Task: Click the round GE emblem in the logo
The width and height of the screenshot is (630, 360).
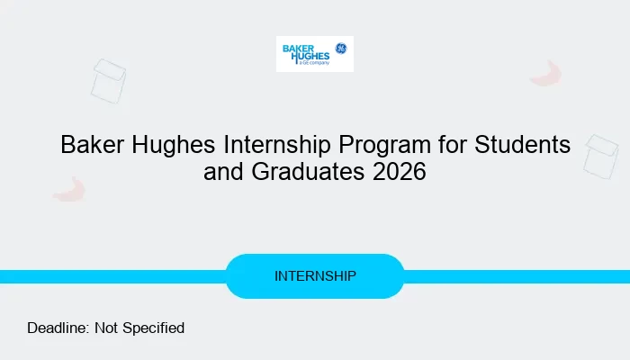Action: click(341, 48)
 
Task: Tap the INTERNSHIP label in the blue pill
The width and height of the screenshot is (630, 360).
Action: click(315, 276)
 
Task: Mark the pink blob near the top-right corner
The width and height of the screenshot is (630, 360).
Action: click(545, 74)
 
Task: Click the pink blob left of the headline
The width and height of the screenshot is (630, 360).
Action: click(68, 189)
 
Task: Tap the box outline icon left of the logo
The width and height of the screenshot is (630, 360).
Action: click(108, 80)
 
